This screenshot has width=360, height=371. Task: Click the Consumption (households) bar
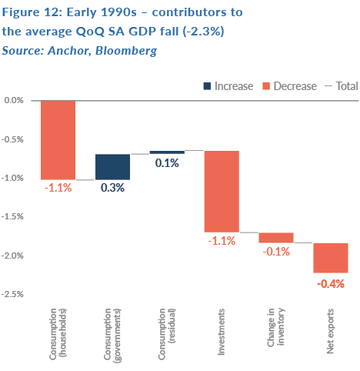58,140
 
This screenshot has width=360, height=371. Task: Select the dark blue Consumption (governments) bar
112,167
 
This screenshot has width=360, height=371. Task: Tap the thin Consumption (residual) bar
167,152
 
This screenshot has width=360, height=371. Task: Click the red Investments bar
222,192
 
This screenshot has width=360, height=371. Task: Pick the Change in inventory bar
276,238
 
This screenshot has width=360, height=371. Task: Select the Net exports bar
331,258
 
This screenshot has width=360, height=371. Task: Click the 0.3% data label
112,188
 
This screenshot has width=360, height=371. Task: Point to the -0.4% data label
331,284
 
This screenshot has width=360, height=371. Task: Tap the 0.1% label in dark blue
167,163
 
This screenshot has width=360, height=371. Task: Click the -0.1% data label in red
276,252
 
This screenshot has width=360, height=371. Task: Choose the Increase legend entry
228,86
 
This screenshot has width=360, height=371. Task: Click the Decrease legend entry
289,86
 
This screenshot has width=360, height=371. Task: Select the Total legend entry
342,86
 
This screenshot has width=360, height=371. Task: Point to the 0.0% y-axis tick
14,100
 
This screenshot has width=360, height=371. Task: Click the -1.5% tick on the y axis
12,216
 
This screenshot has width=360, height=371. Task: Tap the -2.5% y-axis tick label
12,294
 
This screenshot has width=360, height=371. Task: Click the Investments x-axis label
221,332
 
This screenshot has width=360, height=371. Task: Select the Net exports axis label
330,331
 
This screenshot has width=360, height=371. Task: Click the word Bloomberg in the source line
126,51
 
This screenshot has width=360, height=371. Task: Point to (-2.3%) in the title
204,32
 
